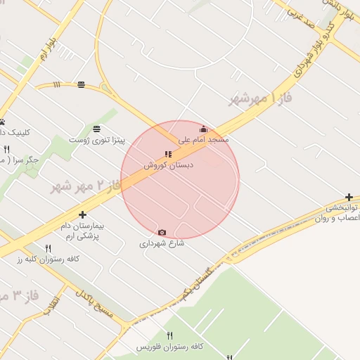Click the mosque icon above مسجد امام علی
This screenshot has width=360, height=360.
tap(204, 129)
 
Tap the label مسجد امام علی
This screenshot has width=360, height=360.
tap(203, 141)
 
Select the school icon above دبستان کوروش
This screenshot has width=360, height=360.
tap(168, 154)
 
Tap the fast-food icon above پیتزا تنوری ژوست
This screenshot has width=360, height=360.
tap(96, 129)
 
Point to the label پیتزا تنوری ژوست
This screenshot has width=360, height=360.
tap(96, 141)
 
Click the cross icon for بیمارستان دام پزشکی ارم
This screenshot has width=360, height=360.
tap(83, 214)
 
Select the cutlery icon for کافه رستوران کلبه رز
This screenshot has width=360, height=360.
tap(49, 248)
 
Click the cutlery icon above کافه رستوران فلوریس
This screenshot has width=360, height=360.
tap(169, 335)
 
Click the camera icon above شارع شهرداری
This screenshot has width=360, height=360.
tap(162, 232)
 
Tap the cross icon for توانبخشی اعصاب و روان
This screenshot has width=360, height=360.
tap(349, 198)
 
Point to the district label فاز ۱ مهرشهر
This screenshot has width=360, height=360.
tap(259, 97)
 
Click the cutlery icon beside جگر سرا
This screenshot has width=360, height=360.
tap(7, 149)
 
